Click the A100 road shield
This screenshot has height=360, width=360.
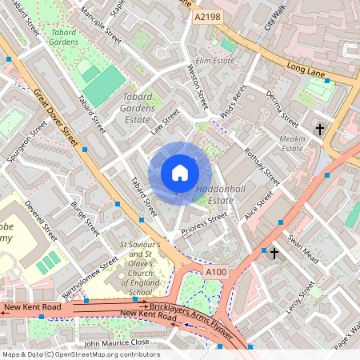click(216, 273)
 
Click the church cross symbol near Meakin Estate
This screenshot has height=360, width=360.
click(319, 128)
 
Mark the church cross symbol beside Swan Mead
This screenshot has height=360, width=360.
click(274, 254)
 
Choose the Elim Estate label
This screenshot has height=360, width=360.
click(214, 59)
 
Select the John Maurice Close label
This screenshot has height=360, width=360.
click(117, 342)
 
